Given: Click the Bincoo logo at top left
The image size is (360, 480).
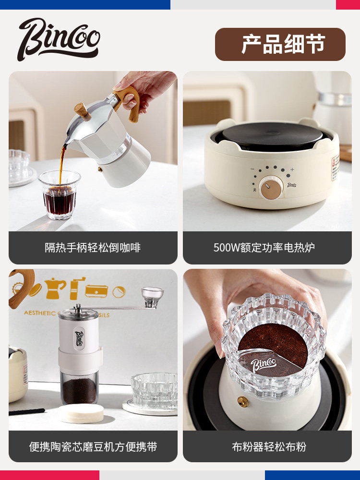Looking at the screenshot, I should [x=59, y=39].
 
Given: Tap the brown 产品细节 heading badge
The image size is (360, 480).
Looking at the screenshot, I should [x=280, y=44].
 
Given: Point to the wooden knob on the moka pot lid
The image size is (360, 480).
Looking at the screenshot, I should [x=83, y=111].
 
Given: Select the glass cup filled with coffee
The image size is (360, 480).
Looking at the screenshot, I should [x=60, y=194].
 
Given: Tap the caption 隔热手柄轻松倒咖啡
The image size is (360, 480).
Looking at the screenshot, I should [x=93, y=248].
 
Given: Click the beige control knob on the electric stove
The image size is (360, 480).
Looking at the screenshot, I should [x=268, y=187].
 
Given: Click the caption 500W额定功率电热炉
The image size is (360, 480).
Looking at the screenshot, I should [x=267, y=248].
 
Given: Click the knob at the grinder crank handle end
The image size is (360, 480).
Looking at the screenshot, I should [x=152, y=294].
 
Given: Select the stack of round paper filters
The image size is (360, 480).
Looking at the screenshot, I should [x=81, y=413].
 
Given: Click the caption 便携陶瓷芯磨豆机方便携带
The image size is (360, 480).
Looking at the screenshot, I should [x=93, y=446].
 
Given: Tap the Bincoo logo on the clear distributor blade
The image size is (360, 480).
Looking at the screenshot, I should [x=264, y=364].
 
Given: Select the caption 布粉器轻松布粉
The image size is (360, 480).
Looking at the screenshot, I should [x=267, y=446].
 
